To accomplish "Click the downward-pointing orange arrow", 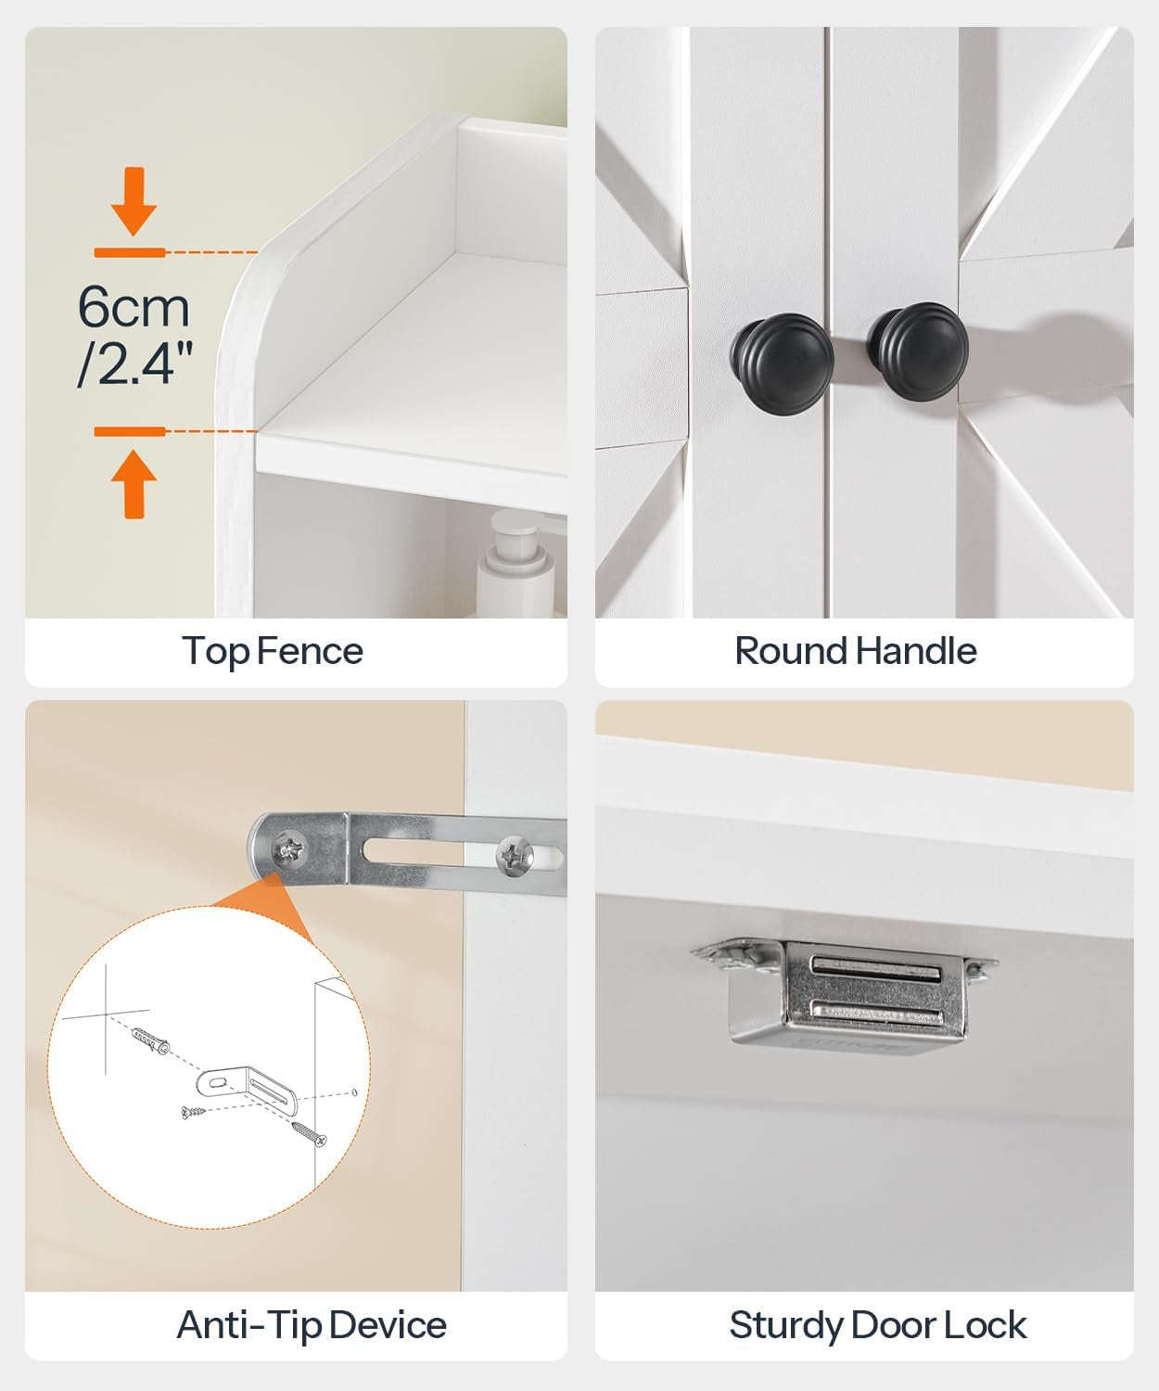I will [134, 200].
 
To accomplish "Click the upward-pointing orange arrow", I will [134, 482].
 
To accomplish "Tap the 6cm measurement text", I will [134, 307].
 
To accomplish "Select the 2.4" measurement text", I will [135, 364].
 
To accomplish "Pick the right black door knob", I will [917, 350].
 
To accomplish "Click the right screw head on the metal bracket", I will [515, 855].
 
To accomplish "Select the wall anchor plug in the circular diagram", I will [150, 1040].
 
